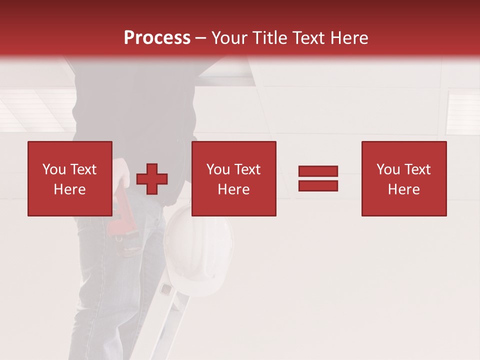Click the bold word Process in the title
(157, 38)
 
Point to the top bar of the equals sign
(318, 171)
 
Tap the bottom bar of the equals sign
(318, 185)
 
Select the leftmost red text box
(69, 178)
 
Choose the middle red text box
(233, 178)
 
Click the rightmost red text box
(403, 178)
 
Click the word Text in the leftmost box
(83, 169)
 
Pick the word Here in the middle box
(233, 189)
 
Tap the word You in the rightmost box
(388, 169)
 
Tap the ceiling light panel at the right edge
(462, 112)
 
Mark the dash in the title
(201, 38)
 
